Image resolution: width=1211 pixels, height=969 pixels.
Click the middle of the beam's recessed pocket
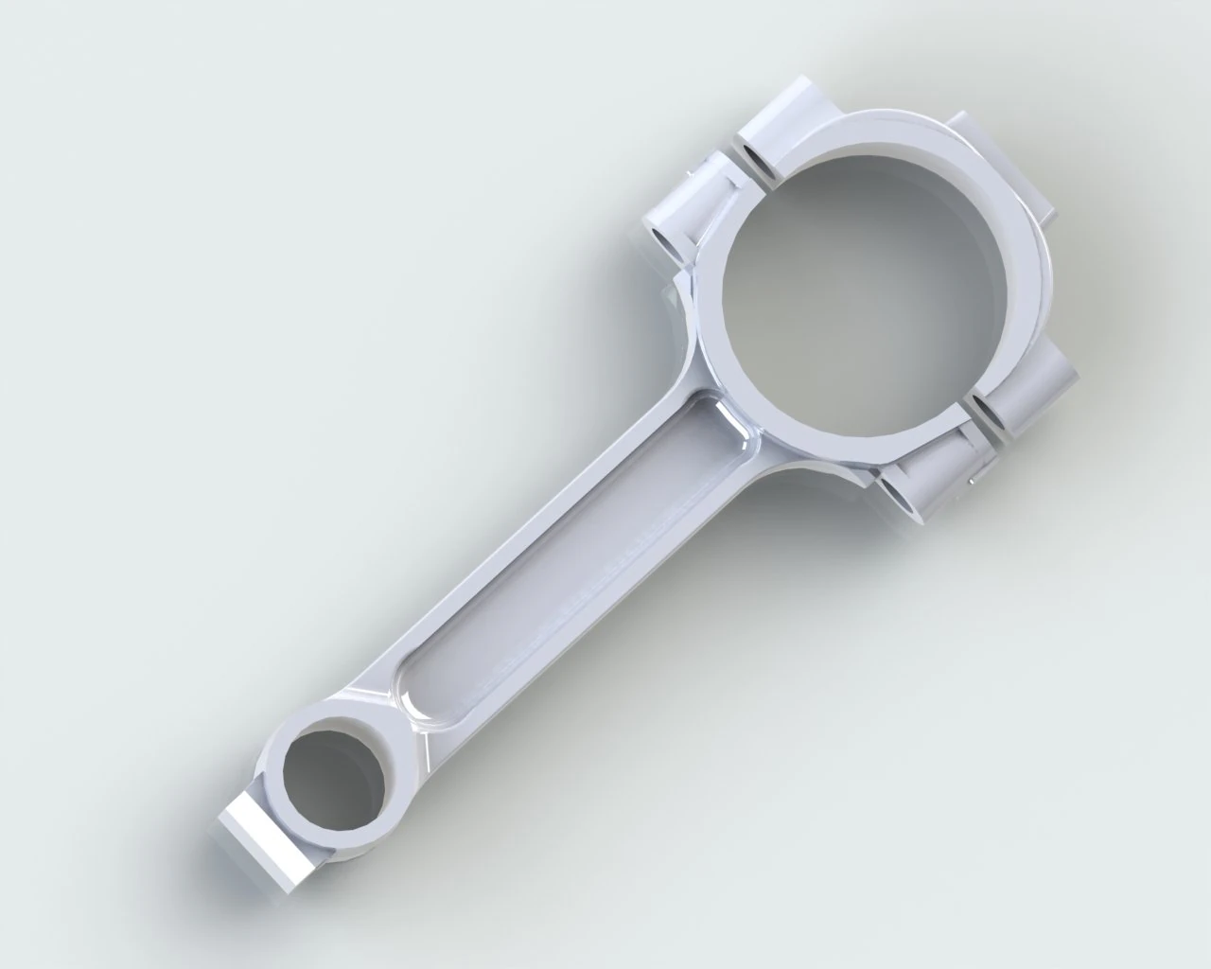(568, 549)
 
